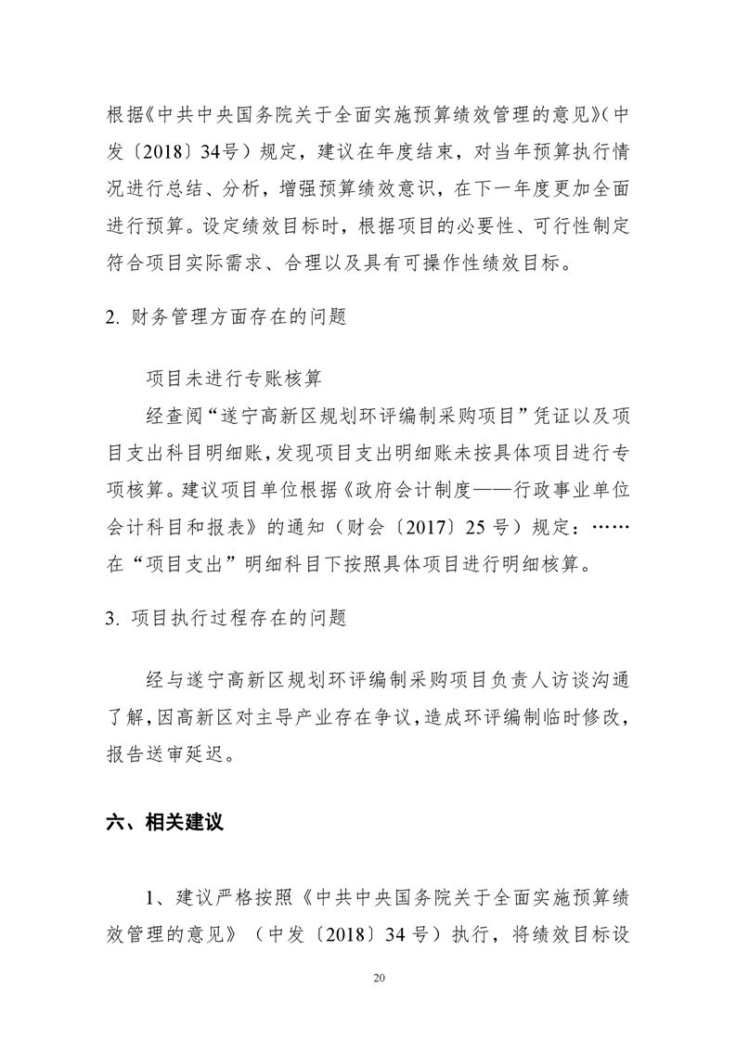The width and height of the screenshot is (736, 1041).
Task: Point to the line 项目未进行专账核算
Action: coord(235,378)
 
